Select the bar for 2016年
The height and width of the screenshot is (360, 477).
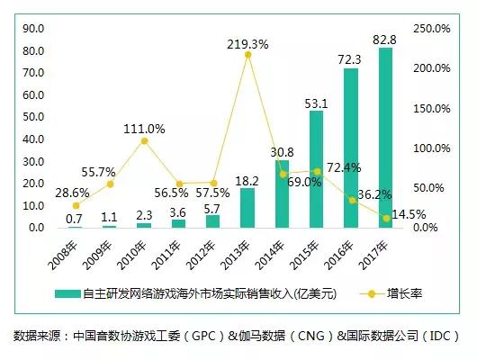351,148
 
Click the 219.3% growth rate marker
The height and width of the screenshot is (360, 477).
247,55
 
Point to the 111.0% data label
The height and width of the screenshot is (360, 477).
144,129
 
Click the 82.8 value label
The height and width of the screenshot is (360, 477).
384,39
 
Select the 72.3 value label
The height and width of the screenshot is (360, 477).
350,59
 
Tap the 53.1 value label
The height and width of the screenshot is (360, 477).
316,102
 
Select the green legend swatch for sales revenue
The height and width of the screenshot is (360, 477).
67,293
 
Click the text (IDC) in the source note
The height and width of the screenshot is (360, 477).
441,337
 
